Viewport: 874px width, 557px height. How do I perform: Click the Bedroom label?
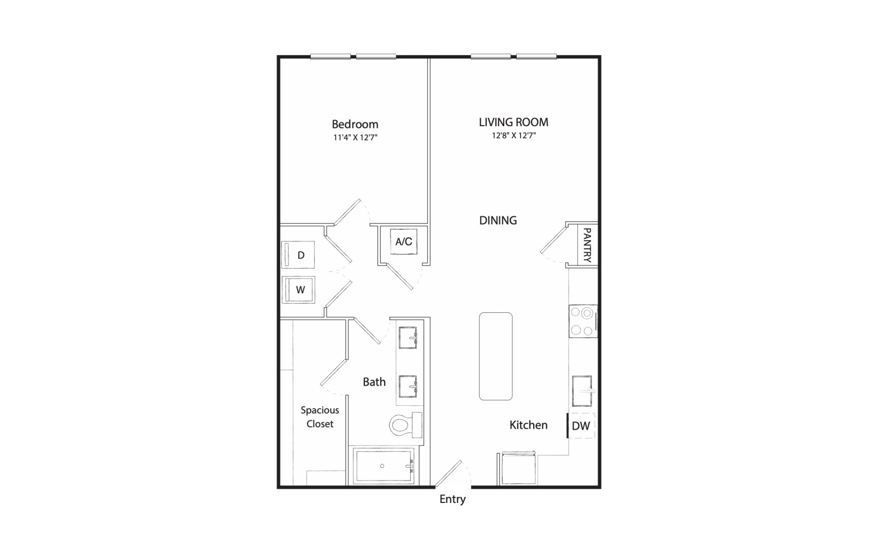pos(355,125)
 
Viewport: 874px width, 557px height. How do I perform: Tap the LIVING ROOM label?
pos(513,122)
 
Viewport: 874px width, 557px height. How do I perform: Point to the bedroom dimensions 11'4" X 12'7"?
pos(355,137)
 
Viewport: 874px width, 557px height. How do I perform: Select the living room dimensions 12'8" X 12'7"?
pos(513,135)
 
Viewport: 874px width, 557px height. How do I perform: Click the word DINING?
pos(498,221)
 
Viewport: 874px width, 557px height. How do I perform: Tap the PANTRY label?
pos(587,245)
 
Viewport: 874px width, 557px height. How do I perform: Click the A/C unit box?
pos(404,241)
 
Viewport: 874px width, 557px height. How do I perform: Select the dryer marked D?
pos(298,254)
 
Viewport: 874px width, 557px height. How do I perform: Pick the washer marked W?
pos(298,290)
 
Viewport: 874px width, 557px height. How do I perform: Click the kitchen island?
pos(495,356)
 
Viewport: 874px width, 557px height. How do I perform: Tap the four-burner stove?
pos(583,321)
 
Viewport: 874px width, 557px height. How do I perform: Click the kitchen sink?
pos(582,391)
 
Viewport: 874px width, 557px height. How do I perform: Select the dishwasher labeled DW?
pos(581,425)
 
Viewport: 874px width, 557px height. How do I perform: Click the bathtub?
pos(383,466)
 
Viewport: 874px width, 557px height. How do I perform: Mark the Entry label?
pos(453,499)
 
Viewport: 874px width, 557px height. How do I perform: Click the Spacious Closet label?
pos(320,417)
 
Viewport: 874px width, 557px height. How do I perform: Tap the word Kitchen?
pos(528,425)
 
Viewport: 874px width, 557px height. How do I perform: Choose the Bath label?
pos(374,382)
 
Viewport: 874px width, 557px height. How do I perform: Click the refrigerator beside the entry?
pos(518,469)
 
